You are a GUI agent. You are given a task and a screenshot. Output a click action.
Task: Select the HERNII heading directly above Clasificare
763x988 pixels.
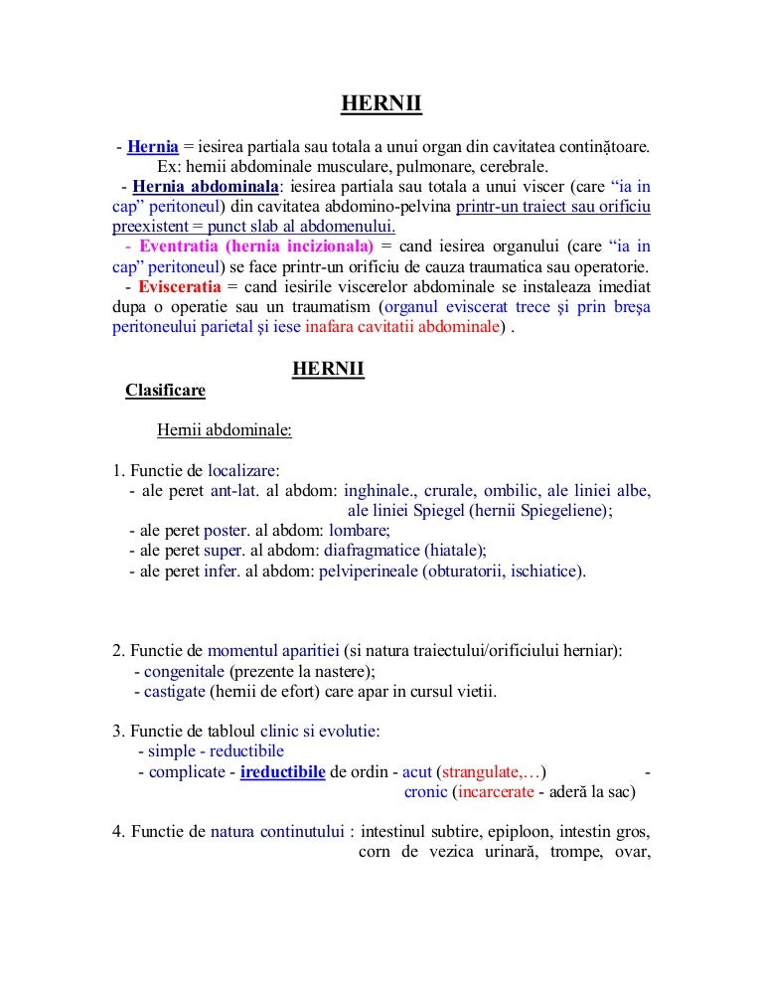(x=328, y=370)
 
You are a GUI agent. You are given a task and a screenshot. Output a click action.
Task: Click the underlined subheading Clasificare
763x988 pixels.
(x=165, y=391)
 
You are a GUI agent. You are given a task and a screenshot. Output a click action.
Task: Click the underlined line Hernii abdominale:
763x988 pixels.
(x=224, y=431)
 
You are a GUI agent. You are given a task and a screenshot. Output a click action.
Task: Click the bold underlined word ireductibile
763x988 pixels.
(x=282, y=772)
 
